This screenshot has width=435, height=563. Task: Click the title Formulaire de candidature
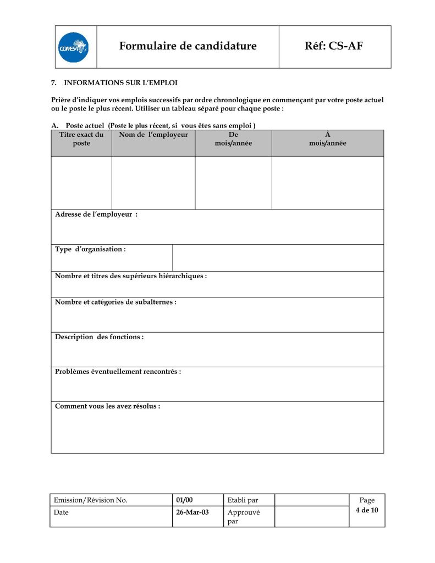(188, 46)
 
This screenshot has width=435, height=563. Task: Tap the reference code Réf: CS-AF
(334, 46)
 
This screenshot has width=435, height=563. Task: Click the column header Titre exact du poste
(81, 139)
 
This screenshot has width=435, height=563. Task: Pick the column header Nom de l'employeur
(153, 135)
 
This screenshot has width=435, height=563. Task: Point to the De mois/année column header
(233, 139)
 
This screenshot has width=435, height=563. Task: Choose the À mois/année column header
(328, 139)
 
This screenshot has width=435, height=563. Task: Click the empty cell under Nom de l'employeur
(153, 183)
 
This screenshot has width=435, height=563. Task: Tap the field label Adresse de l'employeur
(96, 214)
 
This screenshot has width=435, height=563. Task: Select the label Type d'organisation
(90, 250)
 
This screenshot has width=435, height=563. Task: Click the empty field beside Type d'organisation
(278, 258)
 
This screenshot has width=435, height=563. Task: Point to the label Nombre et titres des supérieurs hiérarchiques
(131, 276)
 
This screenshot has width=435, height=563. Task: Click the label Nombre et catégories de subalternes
(115, 302)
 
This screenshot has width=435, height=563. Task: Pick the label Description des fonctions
(99, 337)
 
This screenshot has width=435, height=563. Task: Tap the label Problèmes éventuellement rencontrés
(118, 372)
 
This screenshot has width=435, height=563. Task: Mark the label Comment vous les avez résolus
(107, 406)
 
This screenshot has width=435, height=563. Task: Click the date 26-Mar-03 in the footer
(192, 512)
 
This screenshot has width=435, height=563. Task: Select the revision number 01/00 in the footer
(185, 500)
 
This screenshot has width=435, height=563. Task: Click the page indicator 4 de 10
(367, 510)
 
